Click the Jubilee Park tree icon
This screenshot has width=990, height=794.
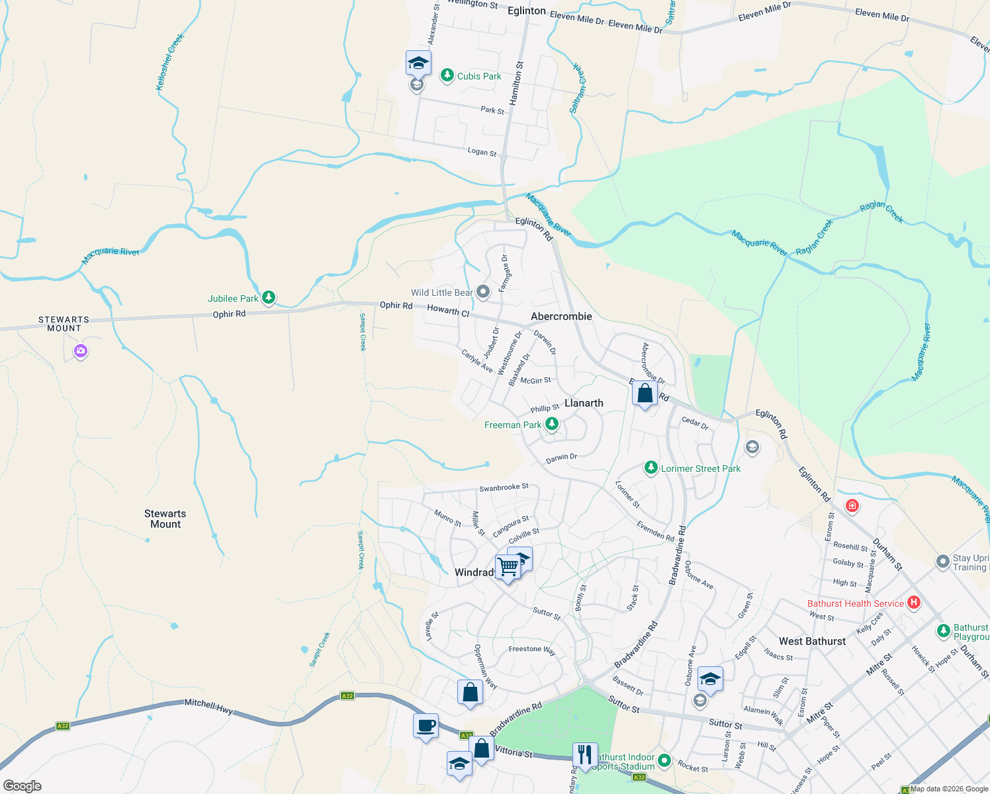[x=269, y=298]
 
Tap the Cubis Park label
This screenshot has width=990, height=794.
[x=479, y=76]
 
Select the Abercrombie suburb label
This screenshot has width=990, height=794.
[x=561, y=316]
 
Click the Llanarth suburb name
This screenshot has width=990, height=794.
[x=584, y=403]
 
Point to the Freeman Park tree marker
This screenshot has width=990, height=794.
[x=551, y=424]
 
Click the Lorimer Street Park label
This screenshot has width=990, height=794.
[x=701, y=468]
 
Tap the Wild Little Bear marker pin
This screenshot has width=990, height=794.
[x=483, y=292]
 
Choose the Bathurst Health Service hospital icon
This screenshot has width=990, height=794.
[x=914, y=603]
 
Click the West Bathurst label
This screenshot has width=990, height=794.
[x=812, y=641]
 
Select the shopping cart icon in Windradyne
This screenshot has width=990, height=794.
[x=508, y=567]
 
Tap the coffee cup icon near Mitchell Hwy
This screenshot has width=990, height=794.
[x=426, y=725]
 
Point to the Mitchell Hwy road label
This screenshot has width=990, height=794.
[x=208, y=707]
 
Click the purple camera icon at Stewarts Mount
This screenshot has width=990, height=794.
[x=81, y=351]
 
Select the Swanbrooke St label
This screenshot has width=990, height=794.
[x=504, y=488]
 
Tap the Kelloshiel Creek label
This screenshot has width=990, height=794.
[x=169, y=62]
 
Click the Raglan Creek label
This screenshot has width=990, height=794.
[x=881, y=212]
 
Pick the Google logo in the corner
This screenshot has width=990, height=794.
[x=22, y=786]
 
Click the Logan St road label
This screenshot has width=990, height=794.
[x=482, y=152]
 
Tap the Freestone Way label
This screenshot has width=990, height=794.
[x=532, y=650]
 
